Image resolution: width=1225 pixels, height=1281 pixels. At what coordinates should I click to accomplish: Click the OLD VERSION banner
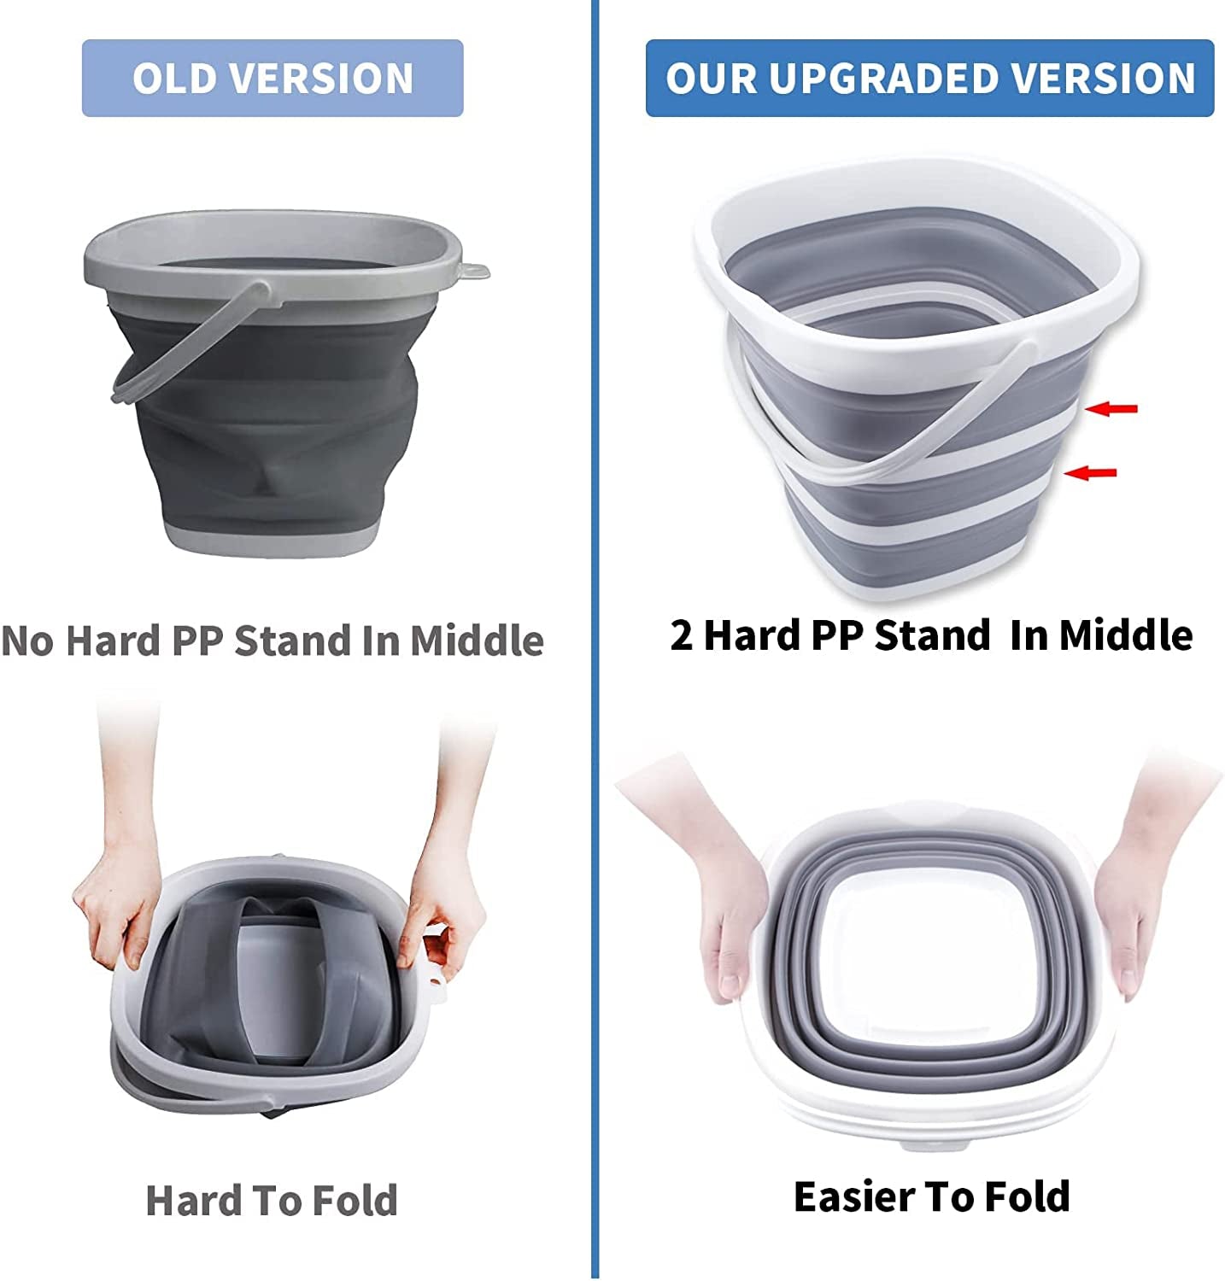[272, 78]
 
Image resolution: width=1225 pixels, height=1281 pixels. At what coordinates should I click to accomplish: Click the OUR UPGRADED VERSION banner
[929, 78]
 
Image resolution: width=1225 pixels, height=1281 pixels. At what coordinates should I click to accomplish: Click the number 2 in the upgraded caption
[681, 635]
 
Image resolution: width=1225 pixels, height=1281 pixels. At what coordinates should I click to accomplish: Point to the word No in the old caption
[28, 640]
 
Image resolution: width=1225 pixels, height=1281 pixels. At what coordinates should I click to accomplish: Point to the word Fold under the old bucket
[354, 1200]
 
